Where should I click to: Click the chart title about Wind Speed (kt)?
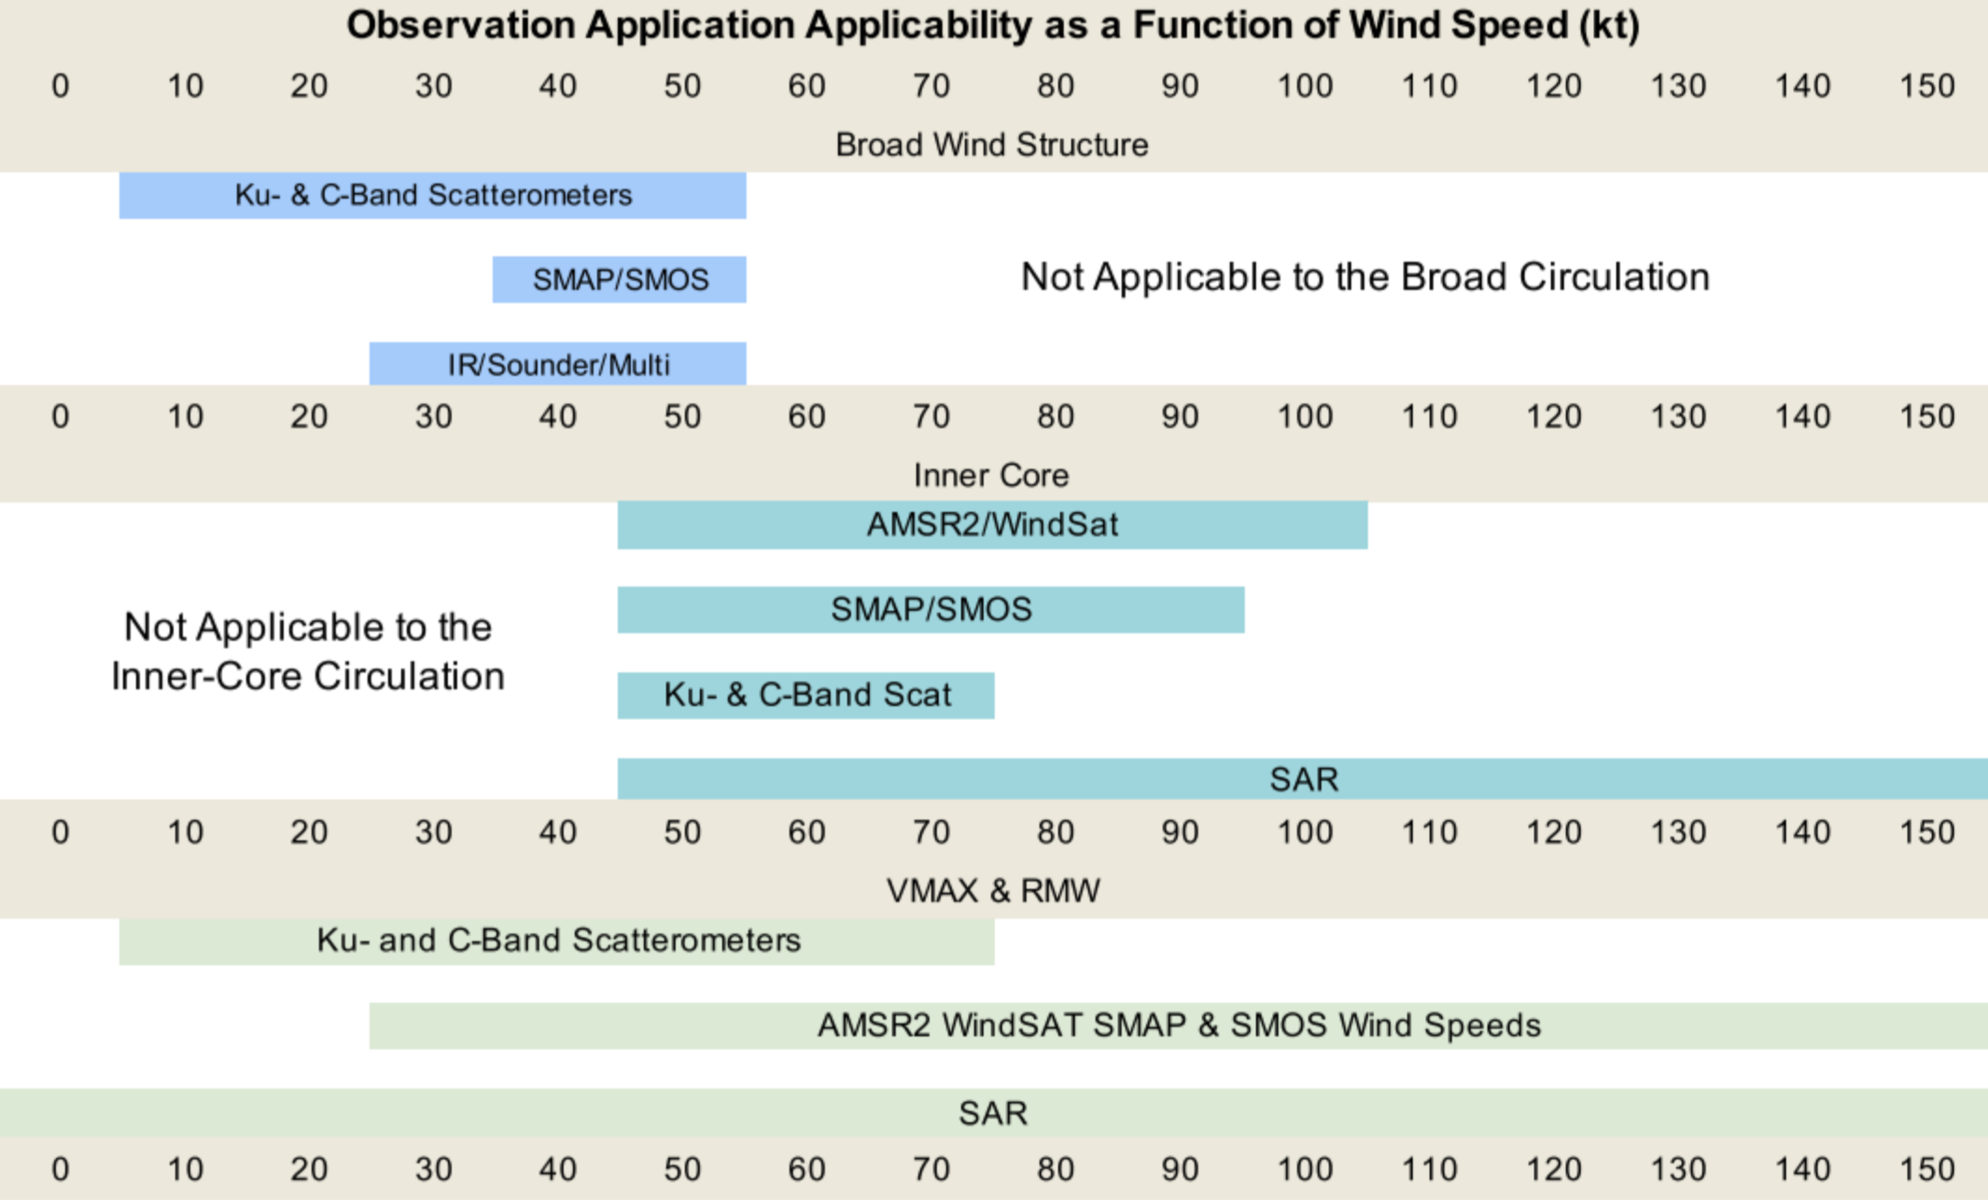coord(992,25)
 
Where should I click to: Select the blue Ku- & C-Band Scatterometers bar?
coord(432,195)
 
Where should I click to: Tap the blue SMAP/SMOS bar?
coord(620,279)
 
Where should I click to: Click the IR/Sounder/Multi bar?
coord(558,364)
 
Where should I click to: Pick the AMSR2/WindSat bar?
coord(992,524)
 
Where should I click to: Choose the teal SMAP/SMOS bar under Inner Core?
coord(931,609)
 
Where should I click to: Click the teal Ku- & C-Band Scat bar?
coord(806,695)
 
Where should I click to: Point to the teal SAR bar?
coord(1303,779)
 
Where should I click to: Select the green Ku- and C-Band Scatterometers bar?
coord(557,941)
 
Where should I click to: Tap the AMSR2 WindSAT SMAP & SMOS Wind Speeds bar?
coord(1178,1026)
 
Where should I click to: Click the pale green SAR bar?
coord(992,1113)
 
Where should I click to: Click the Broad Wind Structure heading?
coord(991,145)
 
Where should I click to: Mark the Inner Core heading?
coord(991,475)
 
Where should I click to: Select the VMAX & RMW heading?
coord(992,890)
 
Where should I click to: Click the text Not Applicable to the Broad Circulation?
coord(1365,277)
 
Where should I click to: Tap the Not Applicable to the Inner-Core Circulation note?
coord(308,651)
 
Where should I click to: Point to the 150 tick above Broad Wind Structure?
coord(1926,87)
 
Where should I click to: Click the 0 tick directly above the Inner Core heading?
coord(61,416)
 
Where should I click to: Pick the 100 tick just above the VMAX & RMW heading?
coord(1304,832)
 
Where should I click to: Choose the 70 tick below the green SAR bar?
coord(931,1169)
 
